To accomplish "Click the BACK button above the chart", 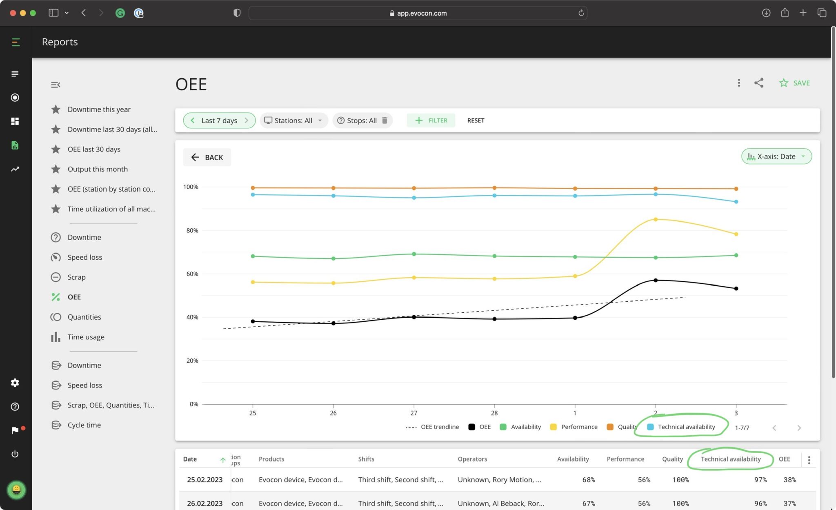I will (x=207, y=157).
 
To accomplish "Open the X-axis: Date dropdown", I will (x=776, y=156).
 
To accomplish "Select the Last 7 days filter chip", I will (x=219, y=120).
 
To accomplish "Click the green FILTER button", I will (x=431, y=120).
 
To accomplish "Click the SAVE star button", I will (x=794, y=83).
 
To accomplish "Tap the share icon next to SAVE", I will (x=758, y=83).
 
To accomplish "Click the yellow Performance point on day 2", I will (x=656, y=220).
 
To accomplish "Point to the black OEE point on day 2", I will (x=656, y=281).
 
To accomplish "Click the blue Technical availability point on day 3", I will (x=736, y=202).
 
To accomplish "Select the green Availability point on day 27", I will (x=414, y=254).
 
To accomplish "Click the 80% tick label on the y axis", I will (x=192, y=230).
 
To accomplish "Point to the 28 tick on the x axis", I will (x=494, y=413).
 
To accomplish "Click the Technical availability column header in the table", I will (x=730, y=459).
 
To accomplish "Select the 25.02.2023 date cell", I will (x=205, y=480).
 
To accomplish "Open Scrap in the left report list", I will (x=76, y=277).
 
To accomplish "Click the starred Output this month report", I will (x=97, y=169).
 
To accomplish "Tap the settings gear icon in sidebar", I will (x=15, y=383).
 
